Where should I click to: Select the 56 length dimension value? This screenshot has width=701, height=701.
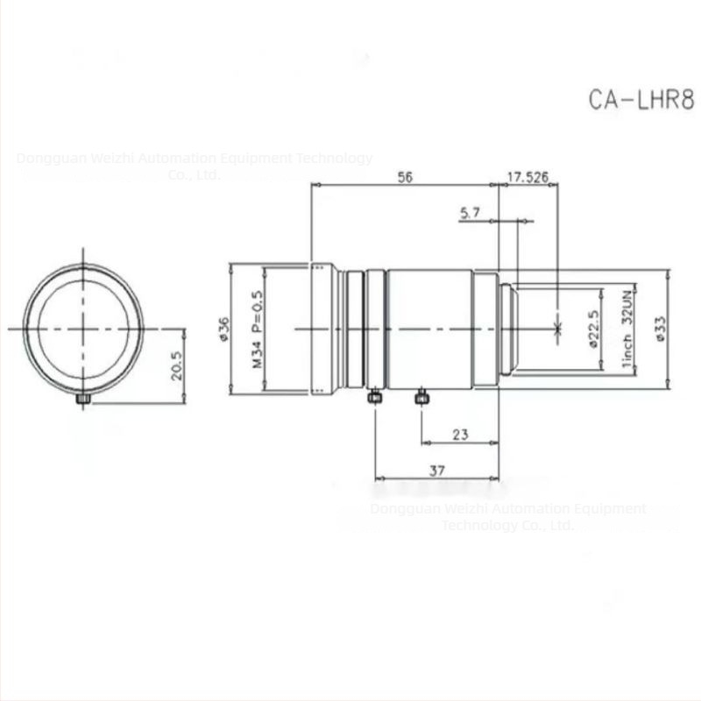[x=405, y=177]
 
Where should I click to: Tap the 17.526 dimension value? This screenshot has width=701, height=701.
[x=528, y=177]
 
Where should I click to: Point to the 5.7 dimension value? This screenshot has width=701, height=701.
[x=470, y=212]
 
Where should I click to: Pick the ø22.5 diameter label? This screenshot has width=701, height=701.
[x=594, y=329]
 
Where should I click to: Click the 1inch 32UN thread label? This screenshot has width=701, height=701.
[x=627, y=329]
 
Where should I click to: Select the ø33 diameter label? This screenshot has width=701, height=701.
[x=660, y=329]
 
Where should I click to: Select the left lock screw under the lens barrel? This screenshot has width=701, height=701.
[x=374, y=398]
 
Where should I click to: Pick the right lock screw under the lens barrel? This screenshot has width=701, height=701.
[x=421, y=398]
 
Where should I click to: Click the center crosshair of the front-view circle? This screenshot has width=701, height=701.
[x=83, y=329]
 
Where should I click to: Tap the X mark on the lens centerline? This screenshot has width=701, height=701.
[x=558, y=329]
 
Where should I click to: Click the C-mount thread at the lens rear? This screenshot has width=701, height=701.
[x=508, y=329]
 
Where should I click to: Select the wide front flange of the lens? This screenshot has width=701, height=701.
[x=322, y=329]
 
